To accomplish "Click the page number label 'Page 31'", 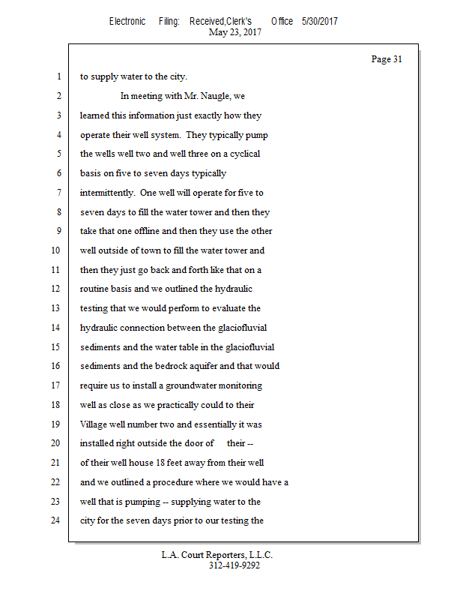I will point(387,59).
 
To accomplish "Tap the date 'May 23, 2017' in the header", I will point(235,32).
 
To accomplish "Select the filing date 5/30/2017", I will point(320,21).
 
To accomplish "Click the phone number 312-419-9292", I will point(234,565).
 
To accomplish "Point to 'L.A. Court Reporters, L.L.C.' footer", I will point(217,555).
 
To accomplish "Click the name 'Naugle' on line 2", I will point(218,96).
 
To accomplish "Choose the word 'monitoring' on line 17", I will point(239,385).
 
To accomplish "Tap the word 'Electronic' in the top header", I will point(127,21).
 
